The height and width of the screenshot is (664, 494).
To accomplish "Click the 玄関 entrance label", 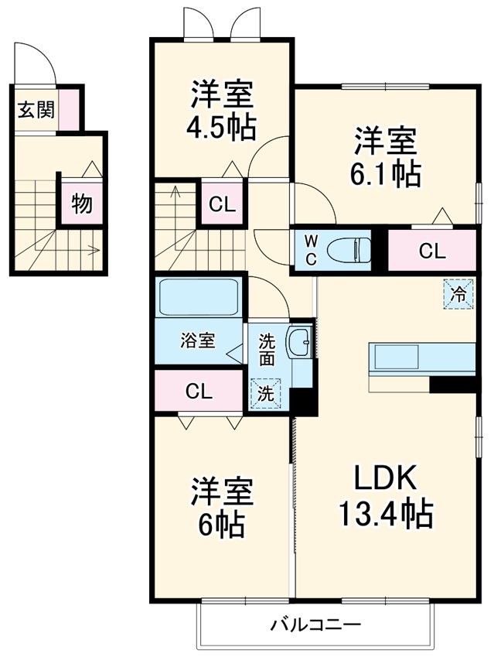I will pos(36,110).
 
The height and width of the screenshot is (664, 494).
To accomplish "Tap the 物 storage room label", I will pos(82,204).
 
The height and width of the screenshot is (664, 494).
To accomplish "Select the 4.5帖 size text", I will pos(222,127).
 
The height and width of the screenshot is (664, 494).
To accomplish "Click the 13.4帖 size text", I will pos(385,513).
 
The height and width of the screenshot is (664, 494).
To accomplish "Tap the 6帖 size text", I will pos(222,525).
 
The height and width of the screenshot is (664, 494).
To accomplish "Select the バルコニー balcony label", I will pos(315,624).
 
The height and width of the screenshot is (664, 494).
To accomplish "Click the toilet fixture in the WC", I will pos(348,250).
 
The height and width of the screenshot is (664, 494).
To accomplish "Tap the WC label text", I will pos(309,250).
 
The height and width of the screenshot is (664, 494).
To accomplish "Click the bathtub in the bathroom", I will pos(198,297).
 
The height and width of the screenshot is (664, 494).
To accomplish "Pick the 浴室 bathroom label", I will pos(198,340).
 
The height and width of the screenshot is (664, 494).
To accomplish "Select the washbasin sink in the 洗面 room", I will pos(299,341).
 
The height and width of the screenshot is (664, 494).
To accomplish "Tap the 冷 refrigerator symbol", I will pos(458,293).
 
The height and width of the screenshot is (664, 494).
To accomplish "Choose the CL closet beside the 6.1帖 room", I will pos(431,250).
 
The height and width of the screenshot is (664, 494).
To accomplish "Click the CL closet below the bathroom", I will pos(198,392).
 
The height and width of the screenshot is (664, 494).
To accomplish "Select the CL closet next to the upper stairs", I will pos(222,204).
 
